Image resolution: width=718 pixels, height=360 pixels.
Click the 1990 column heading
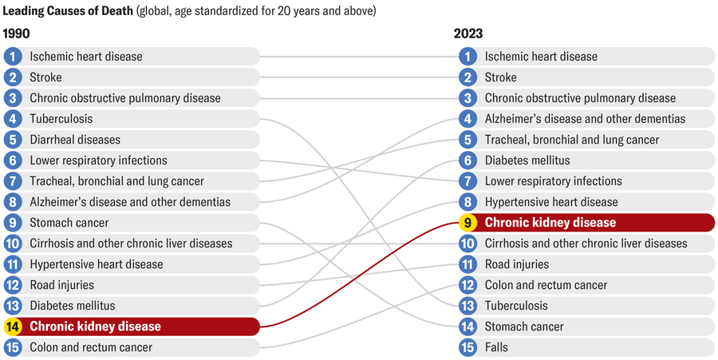18,34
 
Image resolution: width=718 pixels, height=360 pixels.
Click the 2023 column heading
468,34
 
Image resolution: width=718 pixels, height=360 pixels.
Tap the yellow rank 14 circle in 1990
13,326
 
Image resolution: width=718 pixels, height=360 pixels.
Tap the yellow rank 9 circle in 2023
468,223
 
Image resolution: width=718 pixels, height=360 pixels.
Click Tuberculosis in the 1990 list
61,119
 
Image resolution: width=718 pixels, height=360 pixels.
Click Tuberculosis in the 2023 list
516,306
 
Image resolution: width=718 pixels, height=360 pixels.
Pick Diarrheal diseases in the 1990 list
75,140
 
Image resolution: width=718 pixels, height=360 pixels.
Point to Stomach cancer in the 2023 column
524,326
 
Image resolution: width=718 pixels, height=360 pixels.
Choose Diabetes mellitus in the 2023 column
527,160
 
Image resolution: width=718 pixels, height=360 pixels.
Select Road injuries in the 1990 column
61,285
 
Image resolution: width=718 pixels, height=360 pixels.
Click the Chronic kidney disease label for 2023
550,223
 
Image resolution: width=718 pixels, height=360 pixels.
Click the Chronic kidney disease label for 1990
95,326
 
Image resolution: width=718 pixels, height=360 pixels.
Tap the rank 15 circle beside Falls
468,347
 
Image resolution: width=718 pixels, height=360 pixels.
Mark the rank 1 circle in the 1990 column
13,57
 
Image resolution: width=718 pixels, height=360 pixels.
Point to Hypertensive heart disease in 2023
551,202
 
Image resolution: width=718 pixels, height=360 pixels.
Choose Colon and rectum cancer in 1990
91,347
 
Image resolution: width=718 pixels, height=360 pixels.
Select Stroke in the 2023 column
500,77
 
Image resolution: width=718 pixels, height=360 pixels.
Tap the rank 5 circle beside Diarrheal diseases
13,140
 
